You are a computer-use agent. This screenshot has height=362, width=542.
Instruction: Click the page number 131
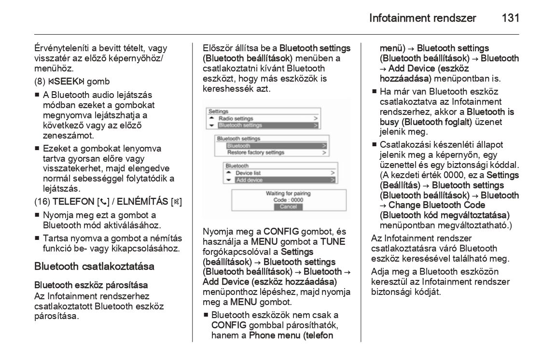pos(510,18)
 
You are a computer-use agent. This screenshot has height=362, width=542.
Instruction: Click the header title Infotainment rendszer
pos(422,18)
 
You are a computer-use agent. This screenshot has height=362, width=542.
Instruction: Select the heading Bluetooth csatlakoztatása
pos(94,266)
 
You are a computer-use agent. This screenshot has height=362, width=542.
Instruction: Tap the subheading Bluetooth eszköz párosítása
pos(91,285)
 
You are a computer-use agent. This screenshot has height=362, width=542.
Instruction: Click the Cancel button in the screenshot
pos(288,207)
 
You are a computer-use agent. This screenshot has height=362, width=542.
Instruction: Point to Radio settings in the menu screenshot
pos(236,118)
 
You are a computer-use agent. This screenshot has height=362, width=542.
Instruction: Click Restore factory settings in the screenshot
pos(255,153)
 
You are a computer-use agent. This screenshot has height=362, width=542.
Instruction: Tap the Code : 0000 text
pos(288,200)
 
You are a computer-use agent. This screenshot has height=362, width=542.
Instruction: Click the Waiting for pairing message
pos(288,194)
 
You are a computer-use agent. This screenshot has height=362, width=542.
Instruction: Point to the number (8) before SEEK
pos(40,82)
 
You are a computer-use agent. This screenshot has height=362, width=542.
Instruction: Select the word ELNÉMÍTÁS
pos(143,201)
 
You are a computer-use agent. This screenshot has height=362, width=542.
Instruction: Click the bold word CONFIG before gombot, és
pos(281,231)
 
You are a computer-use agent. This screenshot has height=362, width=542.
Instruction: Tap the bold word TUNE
pos(333,241)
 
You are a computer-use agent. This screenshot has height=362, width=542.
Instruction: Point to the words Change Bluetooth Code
pos(437,205)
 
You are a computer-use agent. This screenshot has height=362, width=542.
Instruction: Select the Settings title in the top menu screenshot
pos(218,111)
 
